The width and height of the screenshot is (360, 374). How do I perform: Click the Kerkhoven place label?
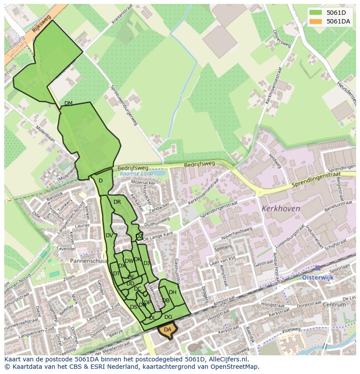click(281, 209)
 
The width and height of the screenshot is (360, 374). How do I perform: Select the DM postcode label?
click(68, 103)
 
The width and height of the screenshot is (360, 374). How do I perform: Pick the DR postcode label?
click(117, 202)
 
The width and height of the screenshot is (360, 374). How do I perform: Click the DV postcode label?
click(109, 235)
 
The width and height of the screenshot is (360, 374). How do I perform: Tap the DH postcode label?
click(173, 292)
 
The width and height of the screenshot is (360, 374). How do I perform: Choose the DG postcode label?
click(168, 317)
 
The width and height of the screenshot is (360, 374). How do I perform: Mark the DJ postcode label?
click(147, 263)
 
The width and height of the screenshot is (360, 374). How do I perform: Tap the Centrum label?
click(334, 304)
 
